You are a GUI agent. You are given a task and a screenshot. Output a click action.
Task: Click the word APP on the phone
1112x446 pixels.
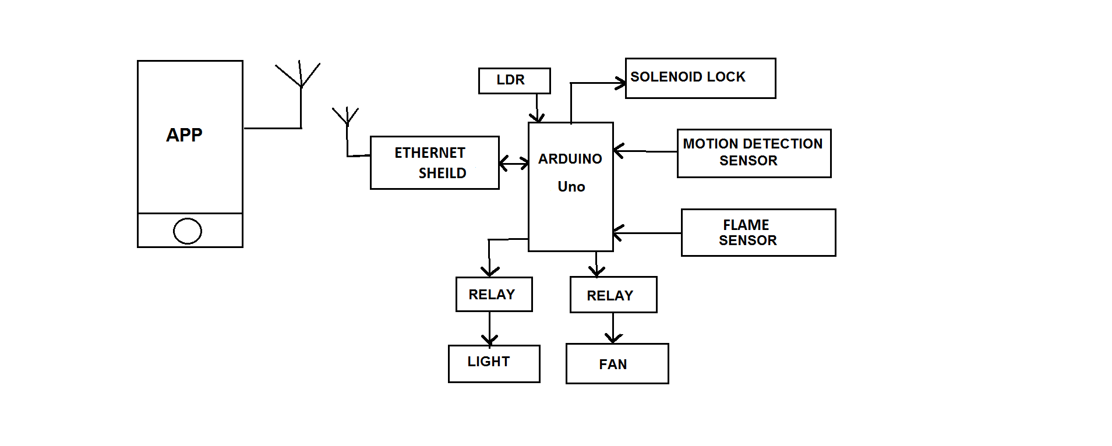tap(184, 135)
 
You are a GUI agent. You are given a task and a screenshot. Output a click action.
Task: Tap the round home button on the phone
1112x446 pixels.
tap(188, 231)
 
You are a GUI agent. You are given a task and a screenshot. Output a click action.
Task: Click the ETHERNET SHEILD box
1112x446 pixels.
tap(435, 162)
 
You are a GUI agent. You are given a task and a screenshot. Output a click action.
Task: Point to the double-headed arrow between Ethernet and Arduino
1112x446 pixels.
tap(514, 164)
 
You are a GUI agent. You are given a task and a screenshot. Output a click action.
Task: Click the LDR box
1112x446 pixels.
tap(514, 80)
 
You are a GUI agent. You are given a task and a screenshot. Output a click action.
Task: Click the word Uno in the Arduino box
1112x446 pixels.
tap(571, 187)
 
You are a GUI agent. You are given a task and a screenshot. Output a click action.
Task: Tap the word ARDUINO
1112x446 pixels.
tap(570, 159)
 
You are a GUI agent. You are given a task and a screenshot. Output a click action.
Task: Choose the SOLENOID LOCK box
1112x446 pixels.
tap(700, 78)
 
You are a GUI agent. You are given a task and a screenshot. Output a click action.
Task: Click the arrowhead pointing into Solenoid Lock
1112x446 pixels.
tap(622, 83)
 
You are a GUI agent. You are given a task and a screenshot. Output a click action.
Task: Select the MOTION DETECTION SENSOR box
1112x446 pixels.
tap(754, 153)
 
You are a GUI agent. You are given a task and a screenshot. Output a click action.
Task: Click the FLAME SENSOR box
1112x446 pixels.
tap(758, 232)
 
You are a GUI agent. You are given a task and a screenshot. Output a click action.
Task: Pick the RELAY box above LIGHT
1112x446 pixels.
tap(493, 294)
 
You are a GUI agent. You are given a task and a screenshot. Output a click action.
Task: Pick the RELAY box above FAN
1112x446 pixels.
tap(613, 295)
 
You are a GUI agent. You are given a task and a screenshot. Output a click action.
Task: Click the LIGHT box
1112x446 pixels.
tap(493, 363)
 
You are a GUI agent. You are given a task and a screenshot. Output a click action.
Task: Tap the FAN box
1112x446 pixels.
tap(617, 364)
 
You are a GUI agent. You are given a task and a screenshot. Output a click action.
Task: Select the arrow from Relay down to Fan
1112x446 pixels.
tap(613, 329)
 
